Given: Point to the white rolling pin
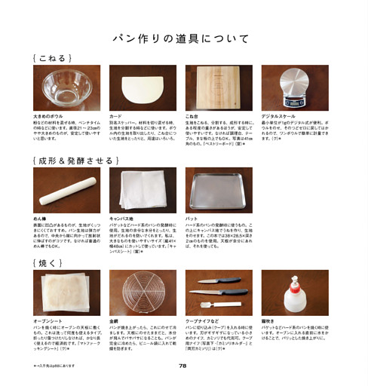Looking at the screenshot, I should [66, 191].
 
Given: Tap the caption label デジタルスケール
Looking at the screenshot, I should [278, 117].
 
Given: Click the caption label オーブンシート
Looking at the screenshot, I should [49, 322].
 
